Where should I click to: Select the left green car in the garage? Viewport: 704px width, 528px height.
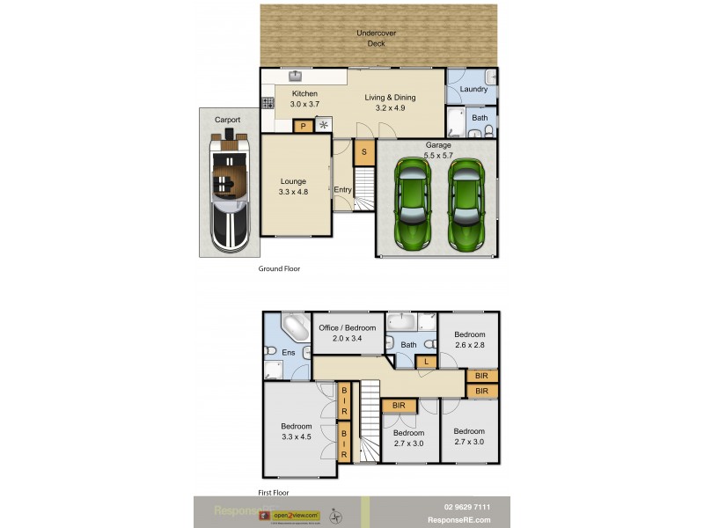pyautogui.click(x=413, y=202)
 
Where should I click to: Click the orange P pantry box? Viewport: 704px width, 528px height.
pyautogui.click(x=303, y=126)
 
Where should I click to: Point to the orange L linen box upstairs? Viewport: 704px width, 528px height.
pyautogui.click(x=426, y=362)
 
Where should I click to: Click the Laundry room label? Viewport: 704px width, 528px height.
pyautogui.click(x=473, y=89)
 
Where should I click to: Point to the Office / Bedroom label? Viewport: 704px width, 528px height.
pyautogui.click(x=347, y=327)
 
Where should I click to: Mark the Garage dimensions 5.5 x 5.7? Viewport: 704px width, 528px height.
pyautogui.click(x=438, y=156)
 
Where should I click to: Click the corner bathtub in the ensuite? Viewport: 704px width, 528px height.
pyautogui.click(x=293, y=330)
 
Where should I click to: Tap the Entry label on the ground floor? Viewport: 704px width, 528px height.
pyautogui.click(x=342, y=189)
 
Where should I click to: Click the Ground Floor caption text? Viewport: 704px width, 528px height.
pyautogui.click(x=279, y=268)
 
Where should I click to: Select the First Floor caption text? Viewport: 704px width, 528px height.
pyautogui.click(x=274, y=493)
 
